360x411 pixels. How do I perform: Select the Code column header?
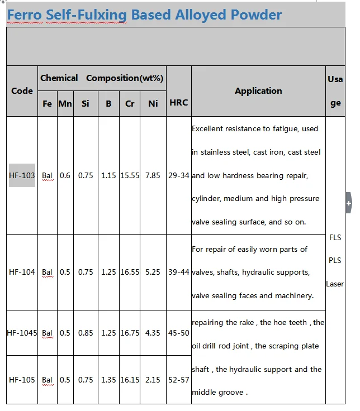coord(22,91)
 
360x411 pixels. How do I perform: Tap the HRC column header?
coord(178,103)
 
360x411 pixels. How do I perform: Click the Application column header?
coord(258,91)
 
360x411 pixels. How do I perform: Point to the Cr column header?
coord(130,103)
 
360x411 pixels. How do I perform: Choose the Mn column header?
coord(65,103)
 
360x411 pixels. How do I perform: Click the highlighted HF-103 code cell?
coord(22,175)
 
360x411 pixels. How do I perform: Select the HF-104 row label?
coord(22,272)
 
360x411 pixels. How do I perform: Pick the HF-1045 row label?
coord(22,333)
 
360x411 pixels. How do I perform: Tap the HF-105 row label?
coord(22,380)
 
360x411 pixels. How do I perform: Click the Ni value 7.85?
coord(153,175)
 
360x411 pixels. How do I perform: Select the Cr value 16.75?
coord(130,333)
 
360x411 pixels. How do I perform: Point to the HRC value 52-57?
coord(179,380)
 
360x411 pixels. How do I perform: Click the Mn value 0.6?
coord(65,175)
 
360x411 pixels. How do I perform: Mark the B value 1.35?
coord(108,380)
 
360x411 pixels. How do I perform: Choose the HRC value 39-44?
coord(179,272)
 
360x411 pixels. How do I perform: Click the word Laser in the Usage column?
coord(335,284)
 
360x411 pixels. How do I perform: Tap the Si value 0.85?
coord(86,333)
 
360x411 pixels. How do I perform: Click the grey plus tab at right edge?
coord(349,204)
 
